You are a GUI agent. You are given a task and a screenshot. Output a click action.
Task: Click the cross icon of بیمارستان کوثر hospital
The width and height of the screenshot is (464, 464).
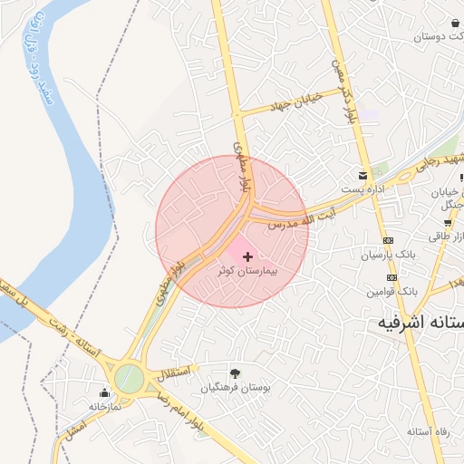coord(248,257)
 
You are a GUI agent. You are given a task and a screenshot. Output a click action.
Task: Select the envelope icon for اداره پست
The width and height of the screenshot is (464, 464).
coord(363,174)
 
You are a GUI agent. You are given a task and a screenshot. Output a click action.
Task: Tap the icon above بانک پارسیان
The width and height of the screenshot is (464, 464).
coord(389,240)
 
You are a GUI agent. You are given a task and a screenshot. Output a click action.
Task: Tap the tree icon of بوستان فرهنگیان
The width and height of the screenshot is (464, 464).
coord(236,372)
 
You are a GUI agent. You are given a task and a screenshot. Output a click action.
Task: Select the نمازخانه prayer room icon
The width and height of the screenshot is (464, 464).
coord(104,393)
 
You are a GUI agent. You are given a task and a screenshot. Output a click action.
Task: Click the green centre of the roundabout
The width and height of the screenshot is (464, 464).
coord(130,378)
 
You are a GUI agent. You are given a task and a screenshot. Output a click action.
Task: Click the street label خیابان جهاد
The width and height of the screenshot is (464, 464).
coord(292,102)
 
